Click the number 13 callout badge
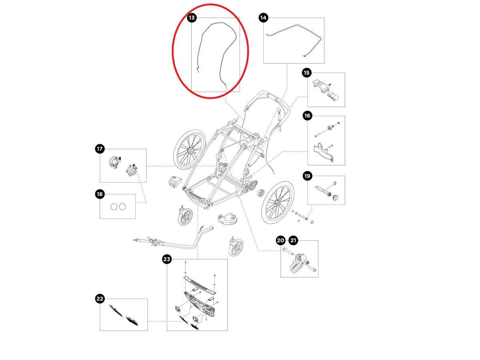[192, 18]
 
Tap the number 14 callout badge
[263, 18]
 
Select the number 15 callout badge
[307, 73]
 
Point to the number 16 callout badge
[307, 116]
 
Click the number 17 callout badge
[100, 149]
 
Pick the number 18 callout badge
[100, 194]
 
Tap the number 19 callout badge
[307, 176]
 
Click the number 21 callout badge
[294, 240]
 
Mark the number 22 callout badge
[100, 299]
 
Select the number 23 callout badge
[167, 259]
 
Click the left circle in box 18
[113, 206]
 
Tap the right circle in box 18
[122, 206]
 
